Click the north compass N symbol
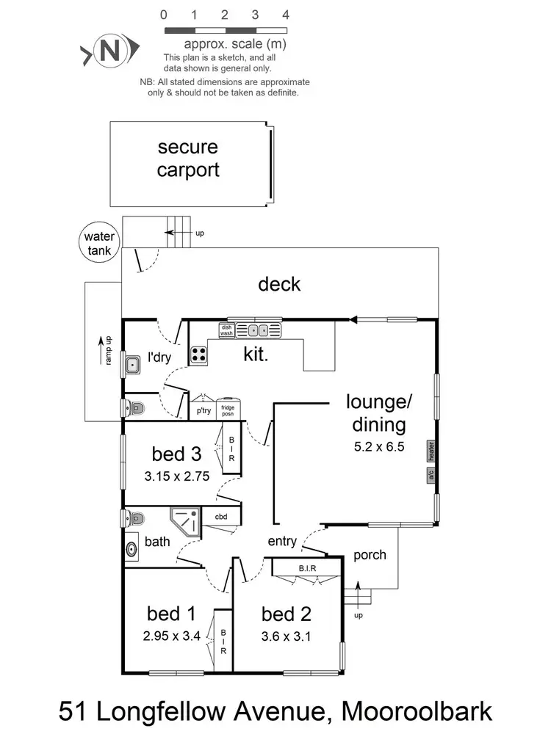tap(109, 51)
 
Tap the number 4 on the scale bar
tap(285, 15)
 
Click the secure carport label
tap(188, 159)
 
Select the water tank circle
tap(99, 243)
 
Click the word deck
tap(279, 283)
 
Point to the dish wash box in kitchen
tap(226, 330)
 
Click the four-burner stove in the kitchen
tap(199, 355)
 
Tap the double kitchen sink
tap(258, 330)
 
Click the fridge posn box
tap(228, 410)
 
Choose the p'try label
tap(202, 411)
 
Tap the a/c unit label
tap(431, 475)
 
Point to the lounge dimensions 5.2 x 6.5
tap(379, 446)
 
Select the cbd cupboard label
tap(221, 517)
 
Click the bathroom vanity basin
tap(133, 548)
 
